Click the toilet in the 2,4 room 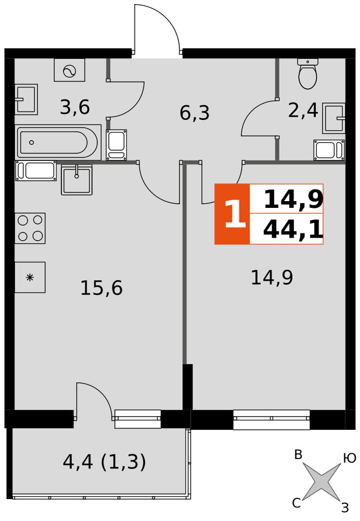click(307, 74)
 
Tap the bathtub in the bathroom click(58, 143)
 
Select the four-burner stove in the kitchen click(30, 228)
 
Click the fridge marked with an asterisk click(30, 278)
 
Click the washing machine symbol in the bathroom click(69, 70)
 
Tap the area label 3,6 click(75, 107)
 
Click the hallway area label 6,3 click(194, 113)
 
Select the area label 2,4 click(303, 110)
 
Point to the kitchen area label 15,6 click(102, 288)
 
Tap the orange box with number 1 click(232, 214)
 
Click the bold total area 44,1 click(293, 230)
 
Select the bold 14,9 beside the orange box click(293, 200)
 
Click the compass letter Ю click(350, 458)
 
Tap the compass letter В click(298, 454)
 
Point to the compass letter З click(345, 507)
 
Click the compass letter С click(296, 503)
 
